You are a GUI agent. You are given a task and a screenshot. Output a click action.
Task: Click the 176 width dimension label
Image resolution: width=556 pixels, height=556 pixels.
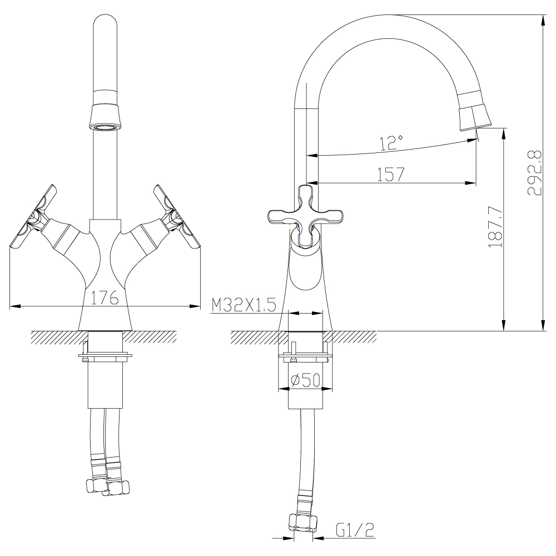[x=105, y=298]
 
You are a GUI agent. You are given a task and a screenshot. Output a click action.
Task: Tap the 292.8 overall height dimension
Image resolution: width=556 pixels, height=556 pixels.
[x=534, y=172]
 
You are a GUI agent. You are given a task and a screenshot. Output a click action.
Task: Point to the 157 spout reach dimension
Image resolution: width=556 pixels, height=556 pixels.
[x=390, y=175]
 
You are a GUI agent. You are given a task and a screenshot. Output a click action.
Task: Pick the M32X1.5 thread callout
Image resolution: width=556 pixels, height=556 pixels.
[x=244, y=305]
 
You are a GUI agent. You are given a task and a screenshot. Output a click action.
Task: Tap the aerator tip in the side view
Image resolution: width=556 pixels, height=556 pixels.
[x=476, y=117]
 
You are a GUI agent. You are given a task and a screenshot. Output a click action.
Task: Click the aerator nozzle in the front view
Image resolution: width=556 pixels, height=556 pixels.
[x=105, y=117]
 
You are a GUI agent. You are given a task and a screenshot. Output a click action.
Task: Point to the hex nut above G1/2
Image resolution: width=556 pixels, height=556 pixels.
[x=303, y=523]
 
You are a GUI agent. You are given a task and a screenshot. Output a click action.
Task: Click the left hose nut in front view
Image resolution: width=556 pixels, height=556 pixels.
[x=96, y=486]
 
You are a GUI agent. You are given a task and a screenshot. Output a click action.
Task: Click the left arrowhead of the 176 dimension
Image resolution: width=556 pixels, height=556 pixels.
[x=14, y=306]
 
